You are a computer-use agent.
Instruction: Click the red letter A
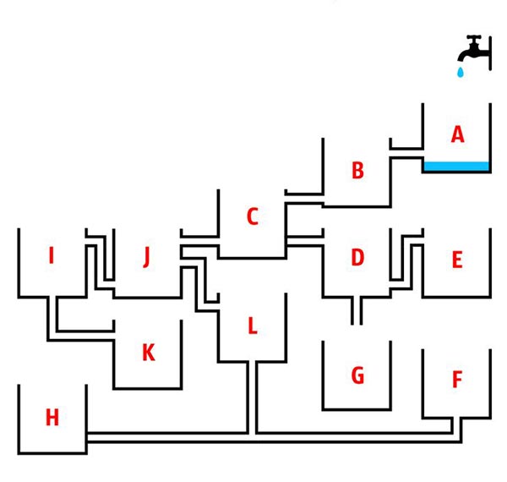457,134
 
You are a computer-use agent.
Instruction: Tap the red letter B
357,170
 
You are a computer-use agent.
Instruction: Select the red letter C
253,216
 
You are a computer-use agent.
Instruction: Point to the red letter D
357,258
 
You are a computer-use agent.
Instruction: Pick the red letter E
457,260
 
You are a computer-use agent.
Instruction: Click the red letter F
457,379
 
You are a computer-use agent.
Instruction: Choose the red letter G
357,375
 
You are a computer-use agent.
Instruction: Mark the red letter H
52,417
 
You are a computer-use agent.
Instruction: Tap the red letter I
51,255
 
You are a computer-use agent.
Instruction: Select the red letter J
147,257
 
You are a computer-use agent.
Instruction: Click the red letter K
149,353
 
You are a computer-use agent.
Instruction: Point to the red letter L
253,326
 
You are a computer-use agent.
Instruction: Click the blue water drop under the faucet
461,72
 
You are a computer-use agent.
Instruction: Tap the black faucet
474,52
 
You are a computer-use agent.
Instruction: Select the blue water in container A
456,166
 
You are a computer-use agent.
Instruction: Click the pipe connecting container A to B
406,154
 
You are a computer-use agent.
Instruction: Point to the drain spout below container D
357,309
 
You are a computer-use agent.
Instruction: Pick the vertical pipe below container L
253,397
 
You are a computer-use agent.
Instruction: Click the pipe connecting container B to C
304,199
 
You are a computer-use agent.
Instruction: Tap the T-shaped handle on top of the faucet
474,39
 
